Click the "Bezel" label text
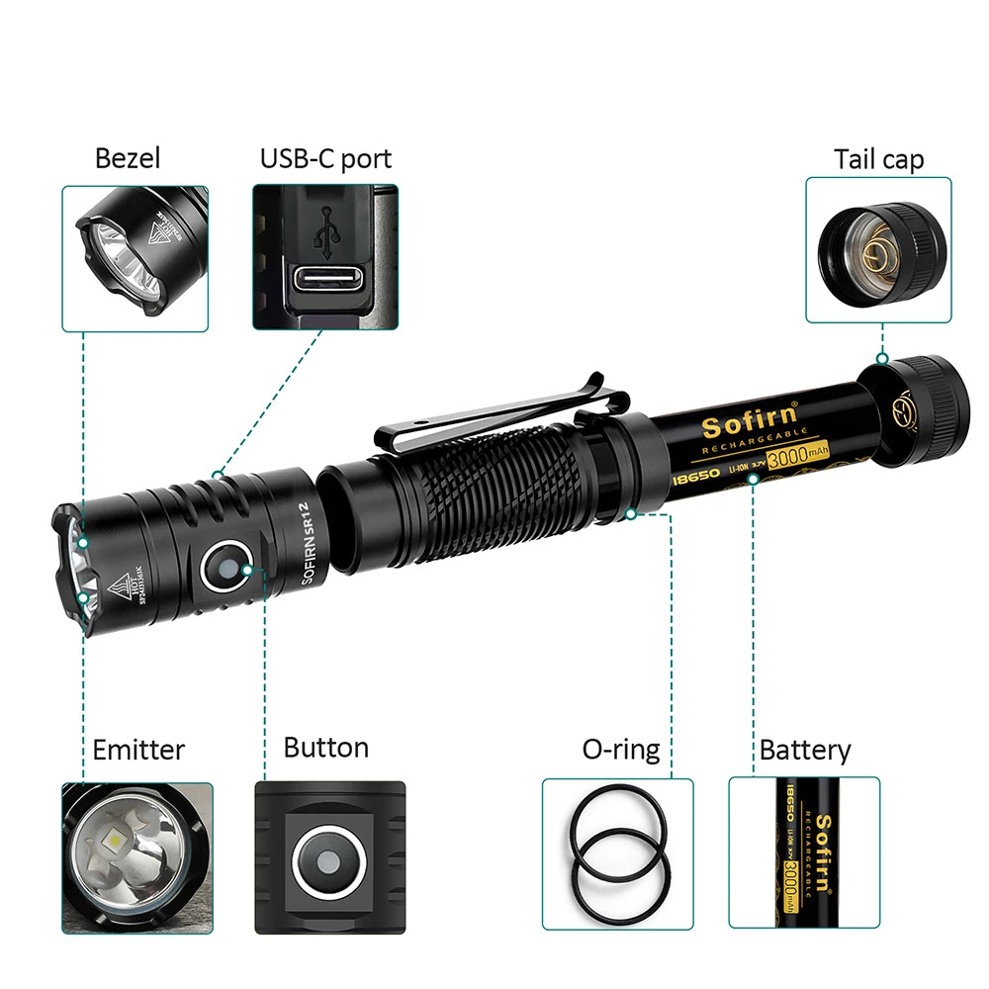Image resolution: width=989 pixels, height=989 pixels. [x=127, y=158]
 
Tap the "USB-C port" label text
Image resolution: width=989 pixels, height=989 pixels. [x=325, y=158]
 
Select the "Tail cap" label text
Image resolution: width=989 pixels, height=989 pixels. [x=878, y=159]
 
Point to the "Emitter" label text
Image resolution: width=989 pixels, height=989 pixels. [x=138, y=750]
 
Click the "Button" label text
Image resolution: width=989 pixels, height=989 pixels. [x=325, y=747]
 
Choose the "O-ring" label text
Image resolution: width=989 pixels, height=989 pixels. [x=620, y=750]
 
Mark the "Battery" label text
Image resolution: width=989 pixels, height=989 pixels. [x=804, y=750]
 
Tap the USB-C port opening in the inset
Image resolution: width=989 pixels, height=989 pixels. [x=325, y=280]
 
